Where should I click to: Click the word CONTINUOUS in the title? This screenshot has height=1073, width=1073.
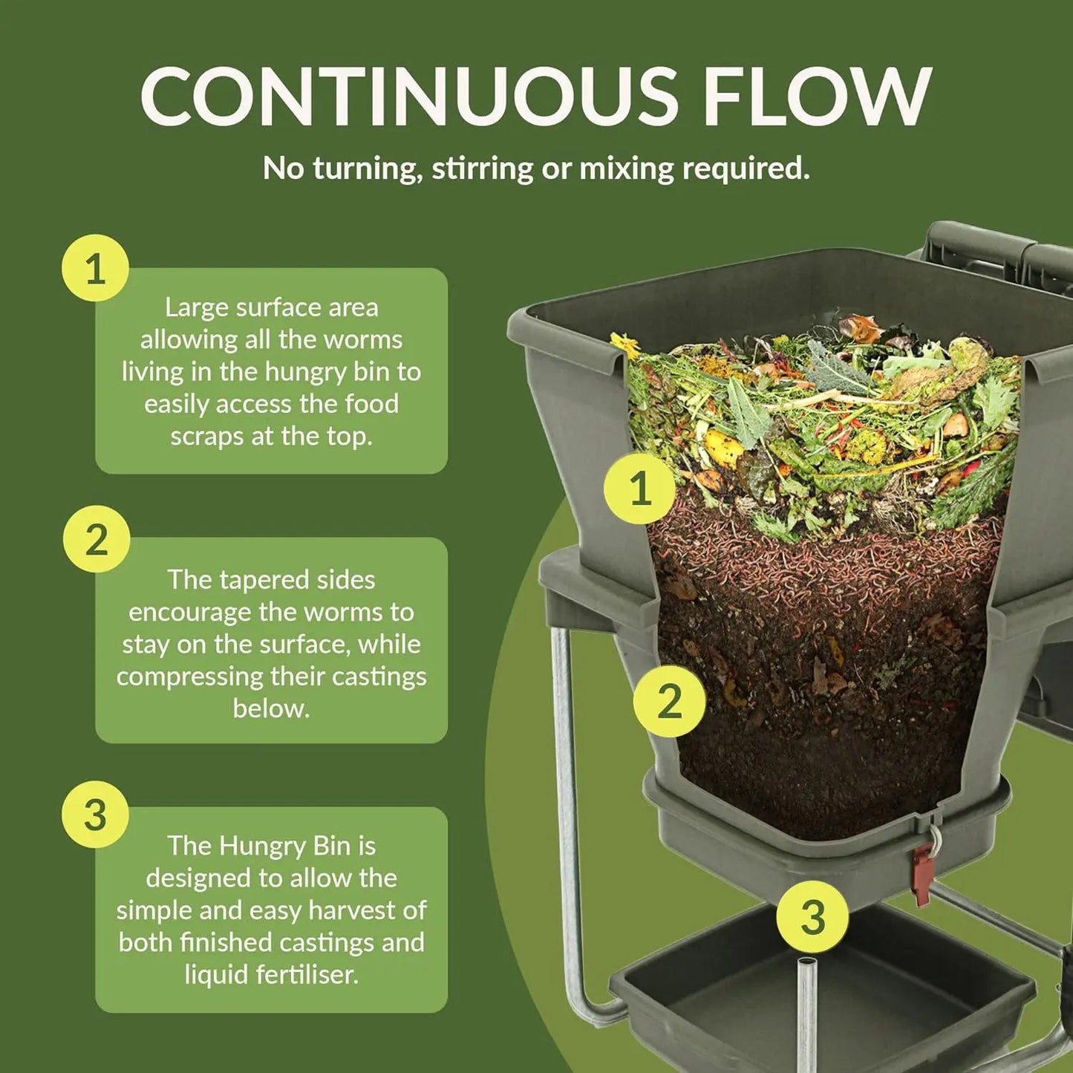click(408, 97)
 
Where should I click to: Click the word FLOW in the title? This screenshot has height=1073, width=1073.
click(817, 97)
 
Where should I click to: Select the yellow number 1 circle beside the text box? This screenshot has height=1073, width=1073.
click(95, 268)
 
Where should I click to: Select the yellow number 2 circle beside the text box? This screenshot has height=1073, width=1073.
click(96, 539)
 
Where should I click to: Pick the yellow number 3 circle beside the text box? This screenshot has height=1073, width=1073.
click(95, 815)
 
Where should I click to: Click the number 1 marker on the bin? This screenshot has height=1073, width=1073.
click(639, 488)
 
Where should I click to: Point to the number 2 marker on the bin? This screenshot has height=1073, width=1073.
click(669, 701)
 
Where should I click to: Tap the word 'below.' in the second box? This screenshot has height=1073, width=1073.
click(271, 708)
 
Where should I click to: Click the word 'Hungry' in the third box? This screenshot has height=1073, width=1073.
click(263, 846)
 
